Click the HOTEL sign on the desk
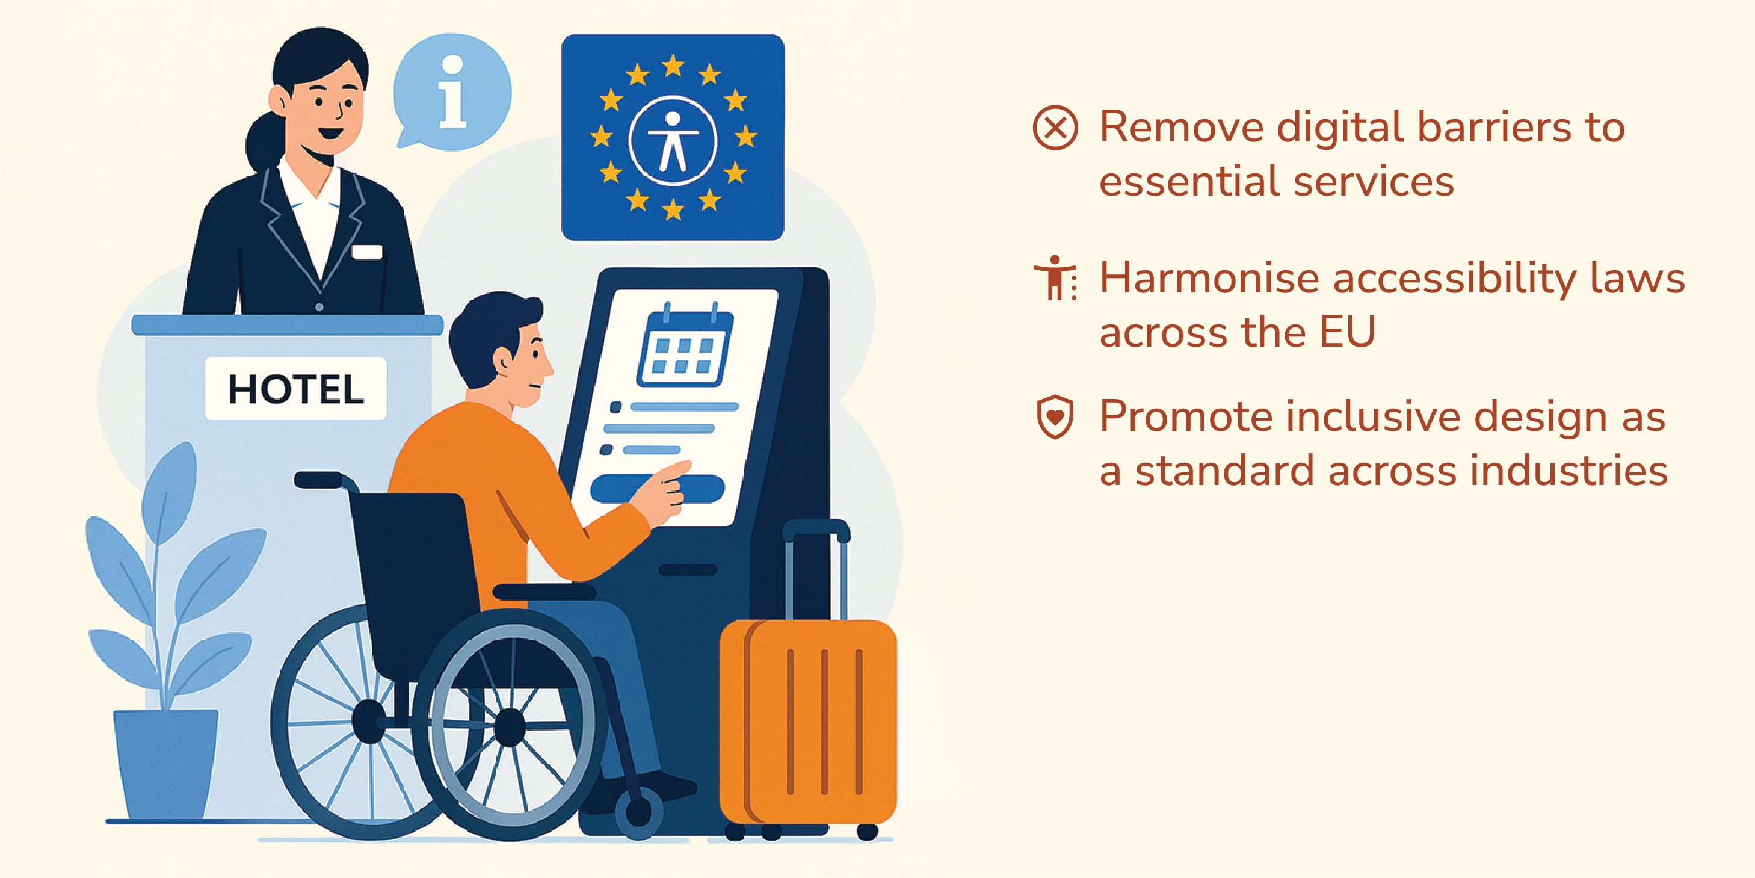point(295,389)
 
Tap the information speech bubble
point(452,91)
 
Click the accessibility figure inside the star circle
point(673,141)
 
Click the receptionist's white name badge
point(367,252)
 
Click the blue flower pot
point(165,764)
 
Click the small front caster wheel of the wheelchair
point(638,812)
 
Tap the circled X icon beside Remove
point(1055,128)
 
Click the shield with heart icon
point(1055,416)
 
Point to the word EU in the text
point(1347,332)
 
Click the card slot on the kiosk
point(688,570)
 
